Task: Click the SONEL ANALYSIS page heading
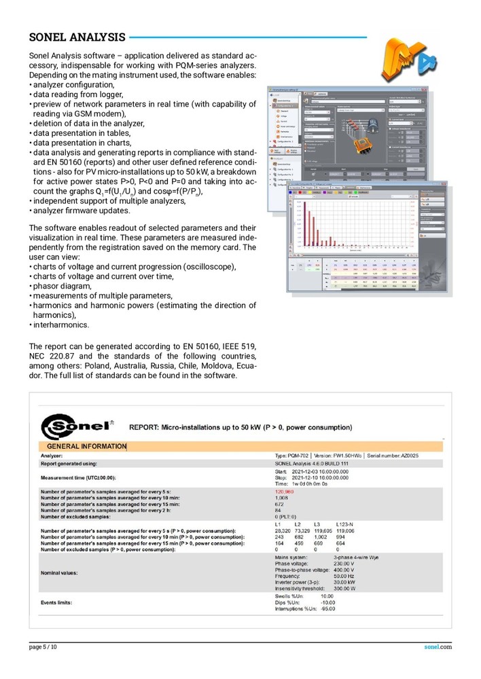77,37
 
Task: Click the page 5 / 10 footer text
43,648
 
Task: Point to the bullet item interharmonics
61,325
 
